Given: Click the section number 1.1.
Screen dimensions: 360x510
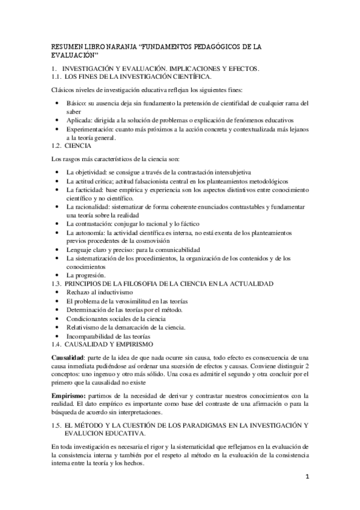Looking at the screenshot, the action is click(57, 77).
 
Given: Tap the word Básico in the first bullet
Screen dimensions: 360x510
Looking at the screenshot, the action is click(76, 103).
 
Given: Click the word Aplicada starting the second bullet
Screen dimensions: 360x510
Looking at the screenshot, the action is click(79, 120).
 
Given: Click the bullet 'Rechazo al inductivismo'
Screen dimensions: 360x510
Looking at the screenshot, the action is click(101, 292).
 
